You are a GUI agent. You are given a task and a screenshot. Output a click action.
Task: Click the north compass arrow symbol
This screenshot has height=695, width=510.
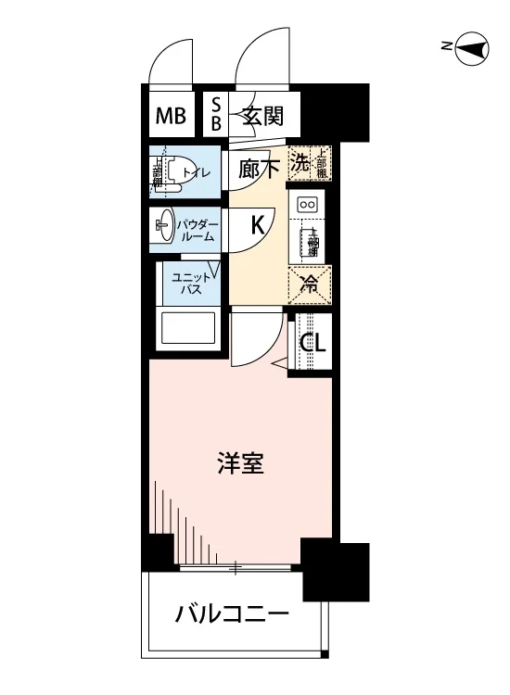472,48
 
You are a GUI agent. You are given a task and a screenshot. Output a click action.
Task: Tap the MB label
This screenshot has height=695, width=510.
171,117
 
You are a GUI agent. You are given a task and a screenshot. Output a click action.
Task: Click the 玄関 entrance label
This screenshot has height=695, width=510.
263,117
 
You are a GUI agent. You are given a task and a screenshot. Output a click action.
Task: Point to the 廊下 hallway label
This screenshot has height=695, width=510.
259,170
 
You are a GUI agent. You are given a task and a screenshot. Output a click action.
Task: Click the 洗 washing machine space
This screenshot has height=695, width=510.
300,164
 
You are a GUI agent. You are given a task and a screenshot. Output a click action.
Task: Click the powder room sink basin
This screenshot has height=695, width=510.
163,223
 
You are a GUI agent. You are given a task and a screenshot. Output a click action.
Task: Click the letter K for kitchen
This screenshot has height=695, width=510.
259,223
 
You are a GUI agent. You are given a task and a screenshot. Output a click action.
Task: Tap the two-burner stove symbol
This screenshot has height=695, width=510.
308,204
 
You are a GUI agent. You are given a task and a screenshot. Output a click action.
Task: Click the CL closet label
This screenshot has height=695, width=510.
312,343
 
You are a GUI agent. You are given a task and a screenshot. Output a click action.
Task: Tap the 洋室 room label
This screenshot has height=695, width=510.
240,463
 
